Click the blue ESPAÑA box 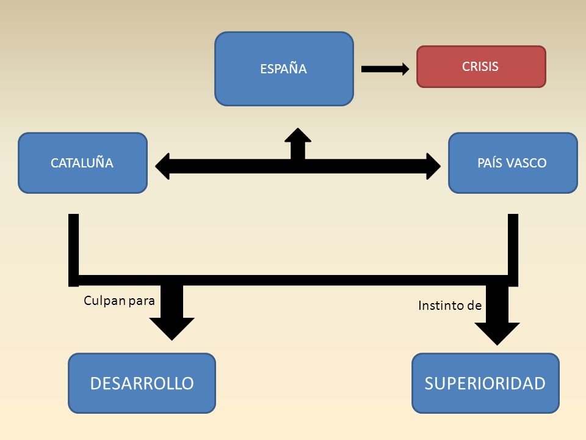[284, 69]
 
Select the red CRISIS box [482, 67]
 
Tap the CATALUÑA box [82, 163]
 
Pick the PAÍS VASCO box [513, 163]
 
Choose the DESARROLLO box [142, 383]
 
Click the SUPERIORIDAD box [485, 383]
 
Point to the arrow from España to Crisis [385, 69]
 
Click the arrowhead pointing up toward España [298, 136]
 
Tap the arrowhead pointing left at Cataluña [162, 166]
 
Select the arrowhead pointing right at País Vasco [433, 166]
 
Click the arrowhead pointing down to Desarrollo [172, 329]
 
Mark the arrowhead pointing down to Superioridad [497, 334]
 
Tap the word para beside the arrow [142, 301]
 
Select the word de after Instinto [473, 306]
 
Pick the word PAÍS [490, 163]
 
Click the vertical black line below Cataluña [74, 250]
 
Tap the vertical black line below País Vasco [513, 250]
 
